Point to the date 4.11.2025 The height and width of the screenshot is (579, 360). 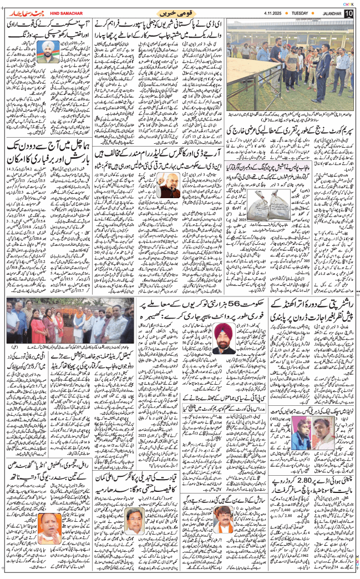coord(264,13)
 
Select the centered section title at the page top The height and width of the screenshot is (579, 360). coord(172,12)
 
